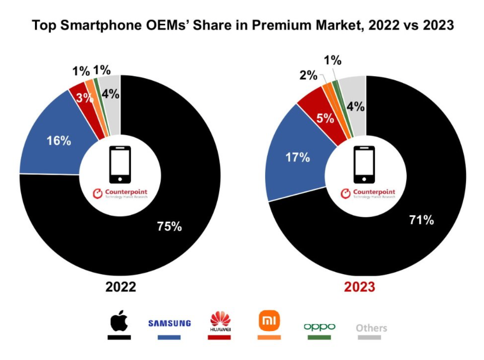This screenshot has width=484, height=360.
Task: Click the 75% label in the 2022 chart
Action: (x=169, y=226)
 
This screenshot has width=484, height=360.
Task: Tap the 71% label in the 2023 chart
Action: (x=421, y=220)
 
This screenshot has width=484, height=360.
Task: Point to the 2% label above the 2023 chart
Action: (x=308, y=75)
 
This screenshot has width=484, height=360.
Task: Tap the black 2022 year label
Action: (x=121, y=287)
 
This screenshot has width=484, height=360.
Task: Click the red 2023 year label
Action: (x=359, y=287)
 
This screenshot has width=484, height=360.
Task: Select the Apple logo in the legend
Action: (x=119, y=321)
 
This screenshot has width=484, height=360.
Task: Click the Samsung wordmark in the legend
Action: (x=170, y=323)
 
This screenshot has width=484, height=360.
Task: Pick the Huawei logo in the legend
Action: (x=220, y=321)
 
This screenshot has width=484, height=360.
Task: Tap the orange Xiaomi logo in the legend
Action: (x=269, y=320)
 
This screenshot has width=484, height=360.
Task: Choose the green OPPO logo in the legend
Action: (x=320, y=327)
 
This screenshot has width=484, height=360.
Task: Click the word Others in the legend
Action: (x=371, y=328)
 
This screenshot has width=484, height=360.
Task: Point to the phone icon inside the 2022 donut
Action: (x=120, y=165)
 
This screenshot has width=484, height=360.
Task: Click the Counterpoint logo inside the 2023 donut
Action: (x=368, y=193)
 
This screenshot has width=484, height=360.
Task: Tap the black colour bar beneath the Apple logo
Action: (x=119, y=337)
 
